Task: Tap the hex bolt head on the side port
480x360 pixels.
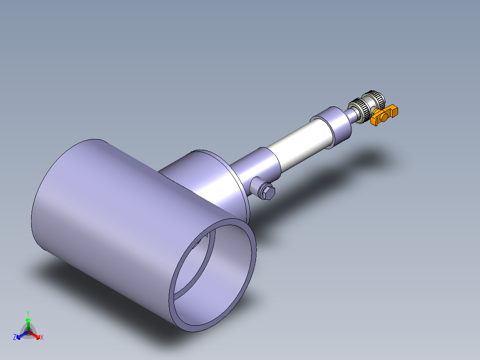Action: (x=268, y=192)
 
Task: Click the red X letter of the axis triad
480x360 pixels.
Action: (x=42, y=337)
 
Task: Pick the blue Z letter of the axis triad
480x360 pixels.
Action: (x=15, y=337)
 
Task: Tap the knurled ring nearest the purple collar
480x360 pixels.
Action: (x=361, y=108)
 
